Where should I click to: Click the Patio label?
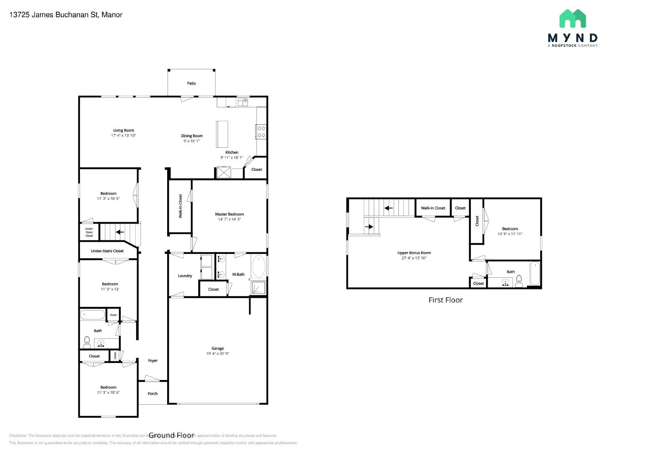pyautogui.click(x=191, y=84)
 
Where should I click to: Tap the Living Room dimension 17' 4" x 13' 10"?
pyautogui.click(x=124, y=136)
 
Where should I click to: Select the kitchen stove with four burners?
pyautogui.click(x=261, y=132)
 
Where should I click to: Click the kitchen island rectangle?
pyautogui.click(x=222, y=134)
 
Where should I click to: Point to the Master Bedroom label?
pyautogui.click(x=229, y=214)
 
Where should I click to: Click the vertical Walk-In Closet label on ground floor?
pyautogui.click(x=180, y=206)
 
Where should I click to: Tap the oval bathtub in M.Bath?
pyautogui.click(x=258, y=266)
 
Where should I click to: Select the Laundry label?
pyautogui.click(x=185, y=276)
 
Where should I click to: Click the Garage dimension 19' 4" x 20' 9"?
pyautogui.click(x=218, y=354)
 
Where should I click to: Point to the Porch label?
pyautogui.click(x=153, y=394)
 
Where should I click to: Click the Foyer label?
pyautogui.click(x=153, y=361)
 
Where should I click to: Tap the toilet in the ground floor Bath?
pyautogui.click(x=87, y=343)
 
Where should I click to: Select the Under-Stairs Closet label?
pyautogui.click(x=107, y=251)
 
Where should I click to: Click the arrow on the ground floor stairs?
pyautogui.click(x=120, y=232)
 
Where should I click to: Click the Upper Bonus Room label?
pyautogui.click(x=414, y=253)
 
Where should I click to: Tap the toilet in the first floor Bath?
pyautogui.click(x=519, y=281)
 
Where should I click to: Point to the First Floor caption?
pyautogui.click(x=445, y=300)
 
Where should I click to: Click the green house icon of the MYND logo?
pyautogui.click(x=573, y=19)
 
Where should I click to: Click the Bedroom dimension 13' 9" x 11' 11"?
pyautogui.click(x=510, y=234)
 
